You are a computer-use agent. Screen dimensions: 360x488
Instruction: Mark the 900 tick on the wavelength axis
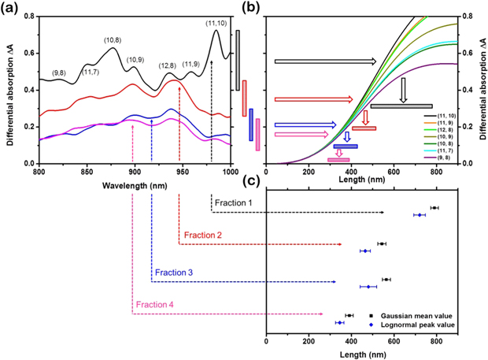135,172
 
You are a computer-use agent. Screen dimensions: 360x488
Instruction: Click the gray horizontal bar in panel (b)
401,106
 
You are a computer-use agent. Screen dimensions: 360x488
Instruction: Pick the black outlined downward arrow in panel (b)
403,90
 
